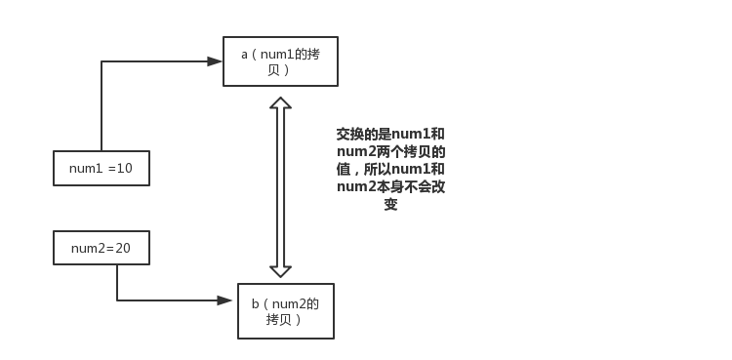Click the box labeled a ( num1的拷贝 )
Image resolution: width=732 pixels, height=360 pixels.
click(x=280, y=60)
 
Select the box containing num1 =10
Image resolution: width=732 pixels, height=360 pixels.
click(x=101, y=168)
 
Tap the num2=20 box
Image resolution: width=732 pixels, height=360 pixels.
click(x=101, y=248)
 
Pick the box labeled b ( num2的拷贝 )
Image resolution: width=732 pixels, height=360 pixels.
click(x=285, y=310)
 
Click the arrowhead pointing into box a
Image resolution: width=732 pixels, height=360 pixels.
click(x=216, y=61)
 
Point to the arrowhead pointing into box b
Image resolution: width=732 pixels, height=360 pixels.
click(x=225, y=300)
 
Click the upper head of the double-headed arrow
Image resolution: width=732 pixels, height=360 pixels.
click(x=280, y=103)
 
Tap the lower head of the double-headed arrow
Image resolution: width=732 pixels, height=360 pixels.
click(x=280, y=270)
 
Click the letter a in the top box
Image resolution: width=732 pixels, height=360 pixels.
click(x=245, y=54)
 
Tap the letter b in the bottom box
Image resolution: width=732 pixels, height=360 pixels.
click(x=256, y=303)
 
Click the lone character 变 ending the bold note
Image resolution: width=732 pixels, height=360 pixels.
click(x=390, y=205)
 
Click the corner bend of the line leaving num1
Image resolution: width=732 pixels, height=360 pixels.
click(x=102, y=61)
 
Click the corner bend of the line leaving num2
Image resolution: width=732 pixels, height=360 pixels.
click(x=117, y=300)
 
